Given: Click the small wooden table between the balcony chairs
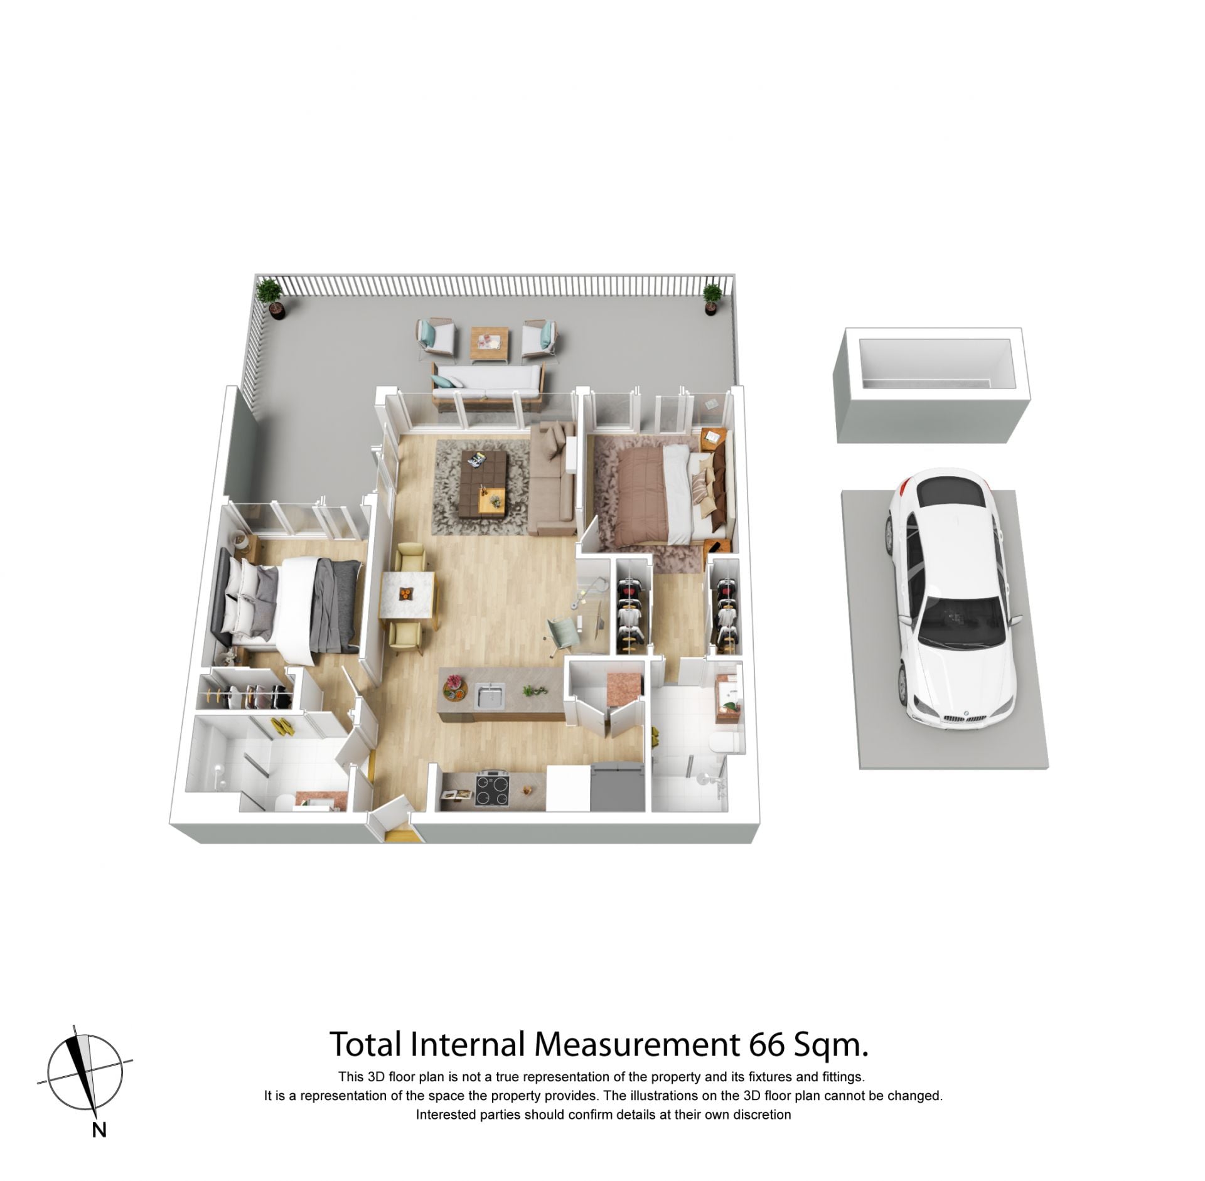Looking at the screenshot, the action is (x=489, y=345).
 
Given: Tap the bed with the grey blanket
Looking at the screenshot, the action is (x=289, y=607).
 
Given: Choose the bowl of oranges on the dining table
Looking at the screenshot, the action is (x=405, y=594).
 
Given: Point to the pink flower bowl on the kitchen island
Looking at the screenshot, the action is (x=455, y=688).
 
